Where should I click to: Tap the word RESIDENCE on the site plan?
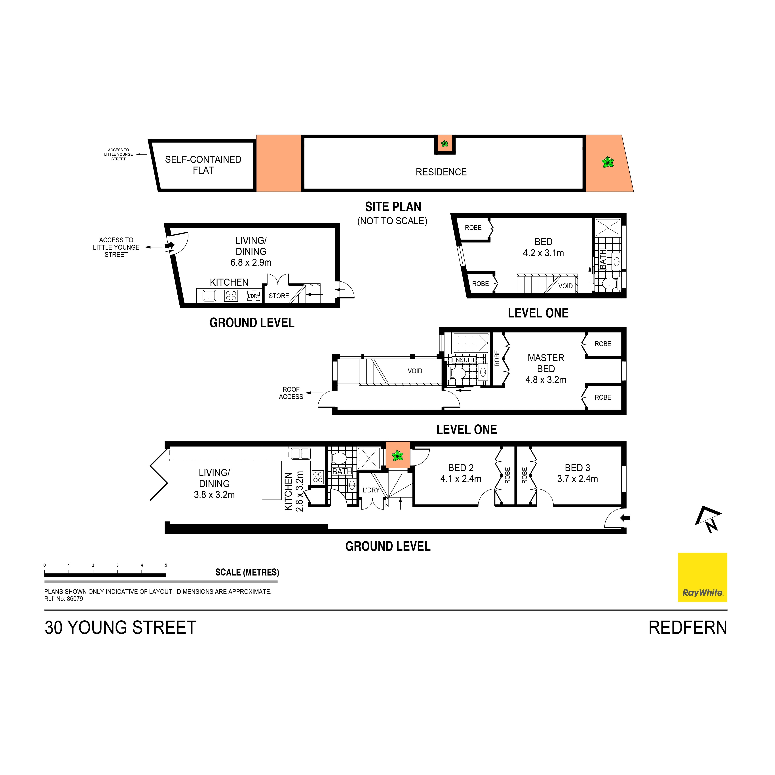pyautogui.click(x=441, y=172)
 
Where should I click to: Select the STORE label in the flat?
pyautogui.click(x=279, y=296)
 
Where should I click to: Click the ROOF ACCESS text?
pyautogui.click(x=291, y=393)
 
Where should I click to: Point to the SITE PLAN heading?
pyautogui.click(x=393, y=207)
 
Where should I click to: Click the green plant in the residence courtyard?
pyautogui.click(x=397, y=455)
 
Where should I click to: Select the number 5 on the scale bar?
pyautogui.click(x=166, y=565)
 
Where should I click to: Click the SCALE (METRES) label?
pyautogui.click(x=247, y=572)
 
